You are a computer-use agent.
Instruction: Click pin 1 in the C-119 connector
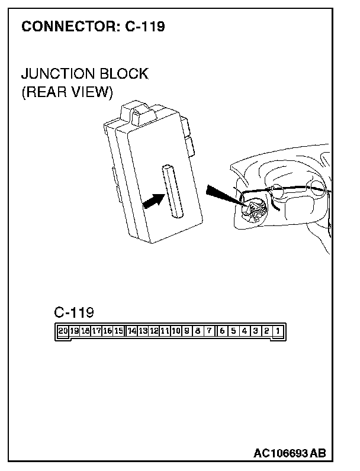(277, 332)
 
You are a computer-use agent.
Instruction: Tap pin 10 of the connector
(176, 332)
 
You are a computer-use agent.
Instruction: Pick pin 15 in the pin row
(119, 332)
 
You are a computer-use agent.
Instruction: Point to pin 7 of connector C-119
(209, 332)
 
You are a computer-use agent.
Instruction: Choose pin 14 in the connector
(131, 332)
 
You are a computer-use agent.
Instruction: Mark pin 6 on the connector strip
(223, 332)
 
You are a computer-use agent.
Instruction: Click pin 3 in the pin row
(255, 332)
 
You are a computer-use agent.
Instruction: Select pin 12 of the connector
(154, 332)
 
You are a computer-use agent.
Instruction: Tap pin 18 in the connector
(85, 332)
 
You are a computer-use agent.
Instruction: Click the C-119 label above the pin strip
(73, 312)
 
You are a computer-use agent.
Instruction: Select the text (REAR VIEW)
(66, 93)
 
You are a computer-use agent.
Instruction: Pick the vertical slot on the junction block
(172, 191)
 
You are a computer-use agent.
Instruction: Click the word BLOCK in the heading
(124, 75)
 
